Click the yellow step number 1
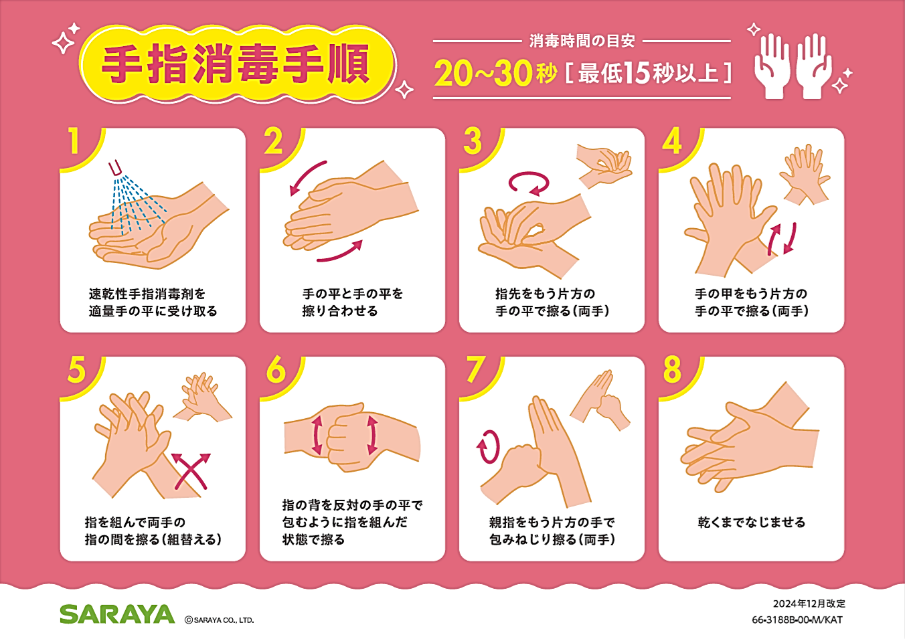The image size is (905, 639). tap(74, 141)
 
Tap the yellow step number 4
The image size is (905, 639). tap(672, 141)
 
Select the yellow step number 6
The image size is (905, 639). tap(276, 369)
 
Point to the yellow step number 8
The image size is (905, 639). tap(672, 369)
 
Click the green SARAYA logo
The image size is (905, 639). tap(117, 614)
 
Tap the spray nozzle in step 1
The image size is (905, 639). tap(114, 167)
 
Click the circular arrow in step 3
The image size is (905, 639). tap(529, 184)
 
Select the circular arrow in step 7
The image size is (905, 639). tap(488, 446)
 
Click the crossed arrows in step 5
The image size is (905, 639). tap(191, 471)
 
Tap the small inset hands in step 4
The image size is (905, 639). tap(805, 175)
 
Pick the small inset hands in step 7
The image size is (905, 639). tap(600, 400)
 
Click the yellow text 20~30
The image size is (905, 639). tap(483, 74)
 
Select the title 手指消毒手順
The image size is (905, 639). tap(236, 65)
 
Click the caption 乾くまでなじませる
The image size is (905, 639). tap(752, 523)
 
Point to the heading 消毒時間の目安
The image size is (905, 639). tap(582, 41)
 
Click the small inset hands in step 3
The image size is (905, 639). tap(604, 166)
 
